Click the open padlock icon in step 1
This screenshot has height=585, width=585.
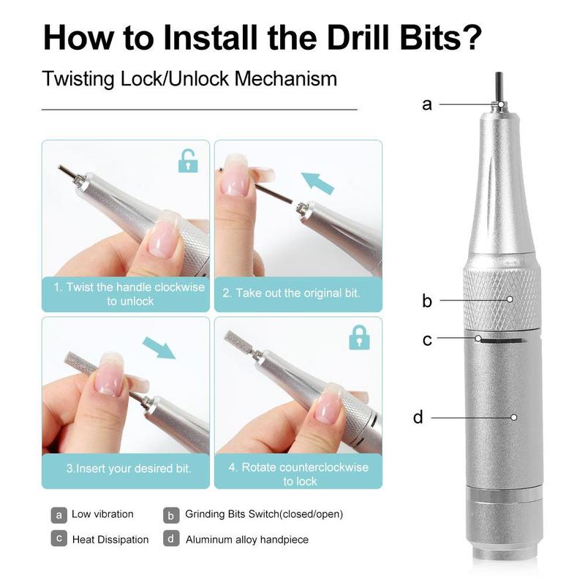pyautogui.click(x=188, y=161)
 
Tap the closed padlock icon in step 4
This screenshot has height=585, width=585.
pyautogui.click(x=359, y=337)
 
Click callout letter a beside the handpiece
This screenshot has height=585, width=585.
pyautogui.click(x=427, y=105)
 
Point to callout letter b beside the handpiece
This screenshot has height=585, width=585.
pyautogui.click(x=427, y=301)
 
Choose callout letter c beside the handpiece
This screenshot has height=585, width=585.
pyautogui.click(x=427, y=340)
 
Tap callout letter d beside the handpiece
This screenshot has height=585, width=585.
pyautogui.click(x=418, y=416)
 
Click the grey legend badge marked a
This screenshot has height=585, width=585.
pyautogui.click(x=59, y=516)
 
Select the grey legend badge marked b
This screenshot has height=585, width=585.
pyautogui.click(x=171, y=516)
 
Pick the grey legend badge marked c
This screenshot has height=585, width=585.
pyautogui.click(x=59, y=538)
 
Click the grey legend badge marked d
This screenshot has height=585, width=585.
pyautogui.click(x=171, y=538)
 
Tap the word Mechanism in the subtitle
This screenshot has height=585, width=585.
pyautogui.click(x=285, y=79)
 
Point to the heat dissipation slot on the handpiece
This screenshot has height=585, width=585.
pyautogui.click(x=502, y=341)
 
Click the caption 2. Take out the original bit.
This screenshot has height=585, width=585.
pyautogui.click(x=291, y=293)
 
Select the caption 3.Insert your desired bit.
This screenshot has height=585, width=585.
pyautogui.click(x=129, y=468)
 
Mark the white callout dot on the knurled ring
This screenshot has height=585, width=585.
pyautogui.click(x=510, y=299)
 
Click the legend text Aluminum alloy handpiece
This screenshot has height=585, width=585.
pyautogui.click(x=247, y=540)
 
